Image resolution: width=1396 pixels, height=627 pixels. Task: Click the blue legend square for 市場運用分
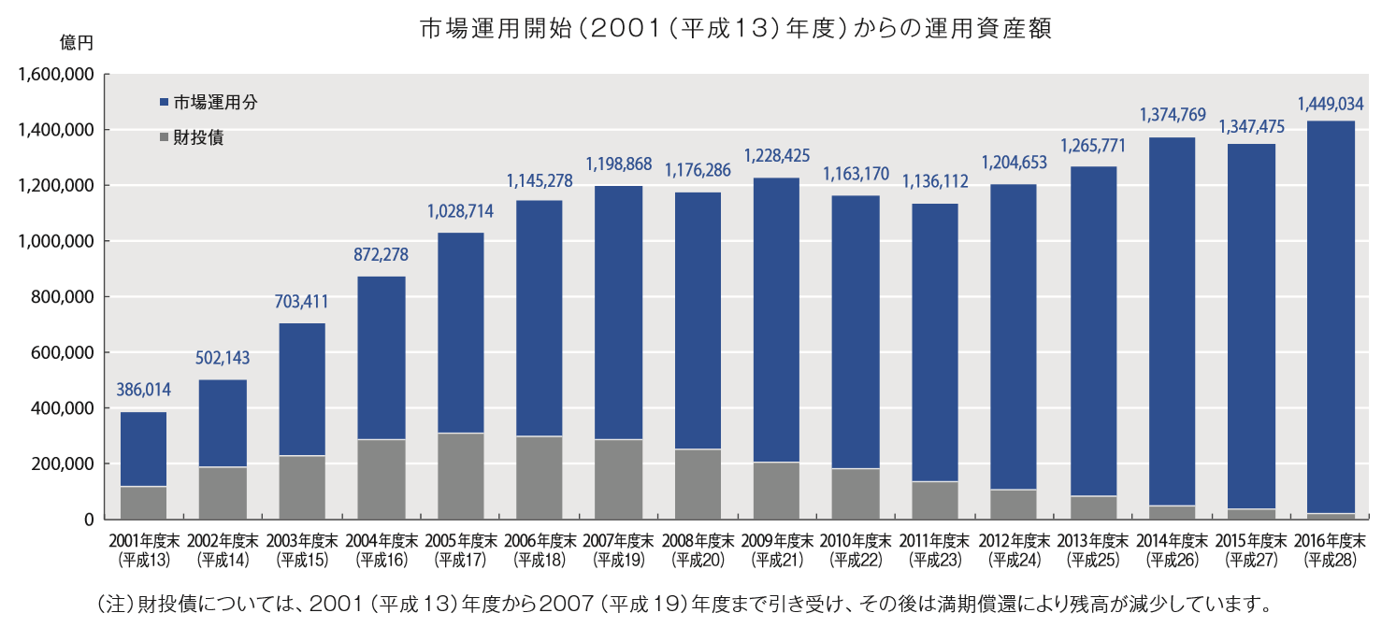[166, 103]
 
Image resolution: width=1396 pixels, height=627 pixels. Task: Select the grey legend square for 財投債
[166, 138]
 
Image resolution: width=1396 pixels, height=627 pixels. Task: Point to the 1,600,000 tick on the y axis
[53, 74]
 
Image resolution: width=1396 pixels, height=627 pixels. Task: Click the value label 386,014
[144, 390]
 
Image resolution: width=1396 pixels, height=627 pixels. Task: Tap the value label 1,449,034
[1331, 103]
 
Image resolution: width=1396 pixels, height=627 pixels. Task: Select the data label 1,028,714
[460, 211]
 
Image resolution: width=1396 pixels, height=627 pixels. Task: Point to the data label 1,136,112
[934, 182]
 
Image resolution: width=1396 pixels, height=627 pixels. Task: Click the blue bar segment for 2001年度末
[144, 449]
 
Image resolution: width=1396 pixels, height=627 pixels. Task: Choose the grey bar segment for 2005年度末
[460, 476]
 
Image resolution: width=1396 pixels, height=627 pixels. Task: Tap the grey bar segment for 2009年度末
[776, 491]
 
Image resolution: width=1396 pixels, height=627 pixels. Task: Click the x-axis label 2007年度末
[618, 540]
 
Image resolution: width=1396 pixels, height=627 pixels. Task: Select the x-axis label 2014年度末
[1172, 540]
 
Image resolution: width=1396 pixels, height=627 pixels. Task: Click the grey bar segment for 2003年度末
[302, 487]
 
